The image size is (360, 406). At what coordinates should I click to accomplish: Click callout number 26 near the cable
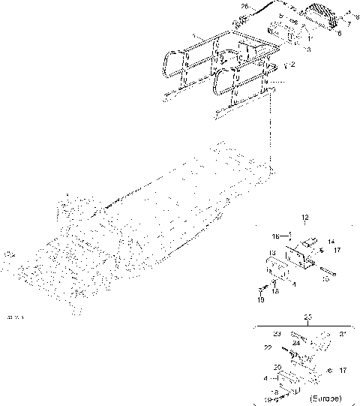[243, 7]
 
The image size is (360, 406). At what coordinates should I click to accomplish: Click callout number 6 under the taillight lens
[338, 34]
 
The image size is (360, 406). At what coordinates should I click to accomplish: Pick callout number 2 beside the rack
[292, 65]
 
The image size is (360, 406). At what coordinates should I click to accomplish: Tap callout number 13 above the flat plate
[273, 253]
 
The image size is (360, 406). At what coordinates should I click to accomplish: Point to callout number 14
[331, 242]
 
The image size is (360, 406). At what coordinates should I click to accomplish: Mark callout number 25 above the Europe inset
[306, 317]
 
